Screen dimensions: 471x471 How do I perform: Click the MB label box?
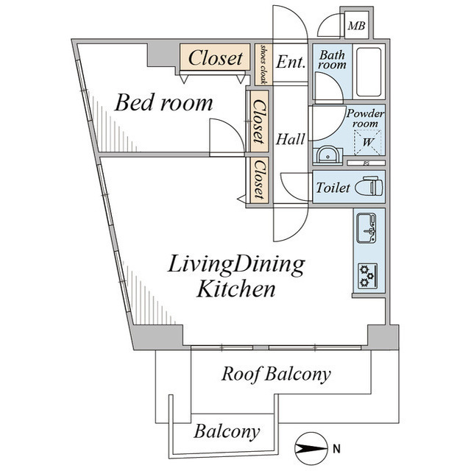pos(356,26)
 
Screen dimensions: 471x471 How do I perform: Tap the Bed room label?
pos(163,103)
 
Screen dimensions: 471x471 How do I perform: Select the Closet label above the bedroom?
pos(216,57)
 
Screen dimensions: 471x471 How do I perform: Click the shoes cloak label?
pos(263,64)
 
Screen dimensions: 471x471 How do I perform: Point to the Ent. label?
pos(291,63)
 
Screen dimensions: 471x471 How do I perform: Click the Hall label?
pos(291,138)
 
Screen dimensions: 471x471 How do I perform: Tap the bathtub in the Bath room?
pos(368,72)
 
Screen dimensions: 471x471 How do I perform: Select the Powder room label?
pos(365,118)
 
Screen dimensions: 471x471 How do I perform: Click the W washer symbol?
pos(366,142)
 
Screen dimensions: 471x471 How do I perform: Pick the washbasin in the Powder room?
pos(327,155)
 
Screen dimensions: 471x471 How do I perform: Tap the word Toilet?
pos(332,188)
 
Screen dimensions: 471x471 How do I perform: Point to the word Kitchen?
pos(235,289)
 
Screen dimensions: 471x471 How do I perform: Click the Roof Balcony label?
pos(276,374)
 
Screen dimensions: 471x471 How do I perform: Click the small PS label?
pos(365,163)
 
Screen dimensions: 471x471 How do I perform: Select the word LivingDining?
pos(235,264)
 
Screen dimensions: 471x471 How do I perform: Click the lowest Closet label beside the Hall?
pos(258,180)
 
